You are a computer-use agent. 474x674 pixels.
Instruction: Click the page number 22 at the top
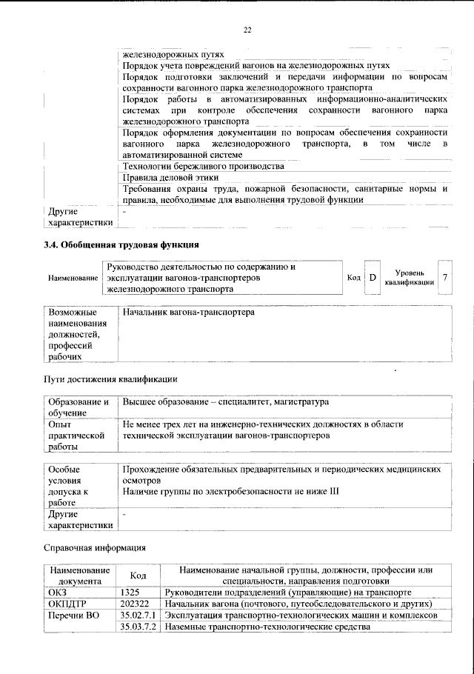click(247, 30)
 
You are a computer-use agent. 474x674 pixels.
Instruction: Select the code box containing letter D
click(373, 278)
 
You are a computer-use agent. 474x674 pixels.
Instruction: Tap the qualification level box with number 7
click(444, 278)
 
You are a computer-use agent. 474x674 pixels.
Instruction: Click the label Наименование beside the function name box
click(73, 278)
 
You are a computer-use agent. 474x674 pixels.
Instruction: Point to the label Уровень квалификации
click(409, 278)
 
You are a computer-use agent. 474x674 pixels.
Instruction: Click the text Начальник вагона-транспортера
click(188, 313)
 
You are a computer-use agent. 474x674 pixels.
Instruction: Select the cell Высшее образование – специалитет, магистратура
click(226, 401)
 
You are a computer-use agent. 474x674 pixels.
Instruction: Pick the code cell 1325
click(130, 593)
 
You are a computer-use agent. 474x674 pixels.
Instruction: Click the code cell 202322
click(135, 604)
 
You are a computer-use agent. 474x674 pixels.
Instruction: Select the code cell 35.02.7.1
click(139, 615)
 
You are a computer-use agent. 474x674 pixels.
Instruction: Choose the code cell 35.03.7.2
click(139, 627)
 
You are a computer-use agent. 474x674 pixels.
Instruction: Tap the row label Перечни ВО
click(73, 615)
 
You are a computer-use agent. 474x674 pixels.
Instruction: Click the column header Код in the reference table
click(138, 575)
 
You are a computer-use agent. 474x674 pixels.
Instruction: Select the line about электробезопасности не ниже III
click(230, 491)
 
